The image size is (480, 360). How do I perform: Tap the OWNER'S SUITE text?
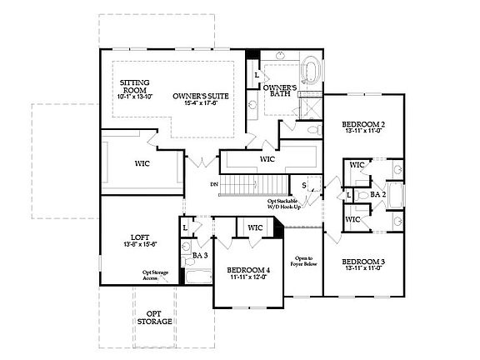click(200, 101)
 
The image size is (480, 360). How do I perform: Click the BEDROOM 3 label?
click(362, 266)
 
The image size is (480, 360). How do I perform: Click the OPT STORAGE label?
click(155, 317)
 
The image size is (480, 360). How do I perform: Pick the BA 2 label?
click(378, 194)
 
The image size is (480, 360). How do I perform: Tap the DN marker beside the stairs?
click(214, 184)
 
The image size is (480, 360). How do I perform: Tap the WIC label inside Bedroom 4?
click(255, 227)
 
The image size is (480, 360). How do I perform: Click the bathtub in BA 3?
click(198, 277)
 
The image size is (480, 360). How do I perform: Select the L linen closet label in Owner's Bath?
click(257, 76)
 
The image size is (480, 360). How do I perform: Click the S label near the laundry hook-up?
click(304, 185)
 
